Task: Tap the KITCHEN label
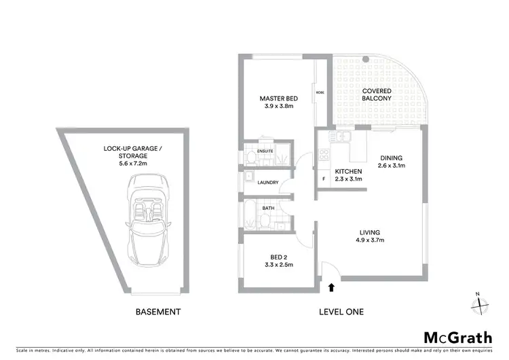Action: pyautogui.click(x=348, y=170)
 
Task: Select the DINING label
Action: pyautogui.click(x=392, y=156)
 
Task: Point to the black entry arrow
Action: pyautogui.click(x=331, y=287)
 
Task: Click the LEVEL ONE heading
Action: pyautogui.click(x=341, y=312)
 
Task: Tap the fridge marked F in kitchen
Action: pyautogui.click(x=324, y=179)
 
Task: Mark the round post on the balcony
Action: pyautogui.click(x=366, y=60)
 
